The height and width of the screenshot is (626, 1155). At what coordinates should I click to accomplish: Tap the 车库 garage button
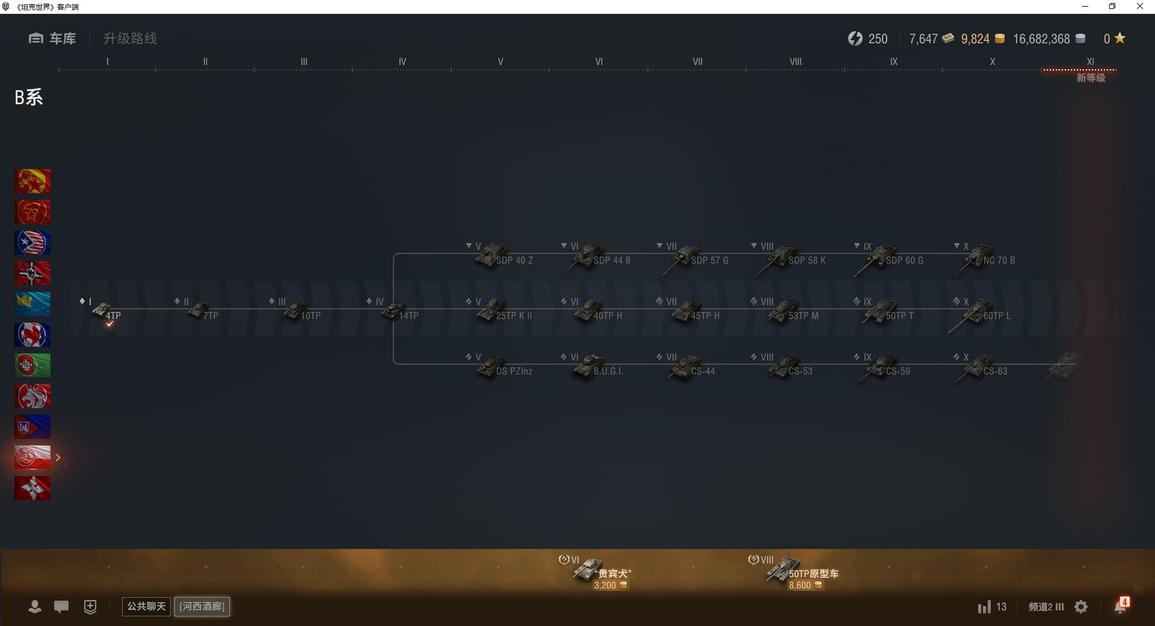(52, 39)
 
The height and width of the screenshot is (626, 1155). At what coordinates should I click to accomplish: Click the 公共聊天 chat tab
(146, 606)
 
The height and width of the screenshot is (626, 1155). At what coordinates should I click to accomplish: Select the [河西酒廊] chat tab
(202, 606)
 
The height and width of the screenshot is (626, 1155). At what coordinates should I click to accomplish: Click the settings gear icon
(1081, 607)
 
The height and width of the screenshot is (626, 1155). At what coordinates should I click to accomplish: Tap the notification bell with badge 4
(1120, 606)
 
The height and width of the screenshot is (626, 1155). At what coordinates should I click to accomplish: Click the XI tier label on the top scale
(1090, 61)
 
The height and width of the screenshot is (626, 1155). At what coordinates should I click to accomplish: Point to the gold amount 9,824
(975, 39)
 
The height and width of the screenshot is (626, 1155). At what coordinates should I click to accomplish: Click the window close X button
(1139, 7)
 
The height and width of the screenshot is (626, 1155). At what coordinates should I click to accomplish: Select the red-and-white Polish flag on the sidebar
(32, 457)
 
